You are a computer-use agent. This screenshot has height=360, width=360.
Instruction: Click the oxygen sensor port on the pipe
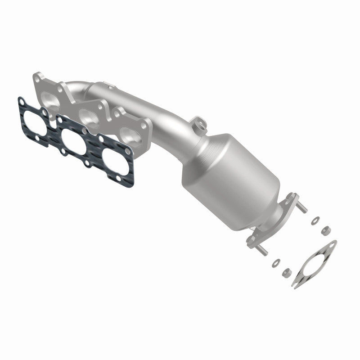tap(197, 122)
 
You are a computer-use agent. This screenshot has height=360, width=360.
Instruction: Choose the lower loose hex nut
tap(285, 272)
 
